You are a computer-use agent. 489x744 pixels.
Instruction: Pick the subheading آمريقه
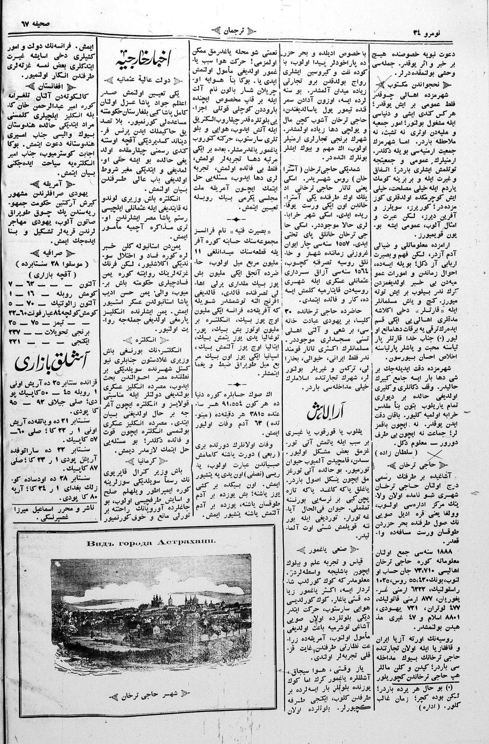click(51, 184)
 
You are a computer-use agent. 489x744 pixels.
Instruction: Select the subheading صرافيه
click(51, 253)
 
